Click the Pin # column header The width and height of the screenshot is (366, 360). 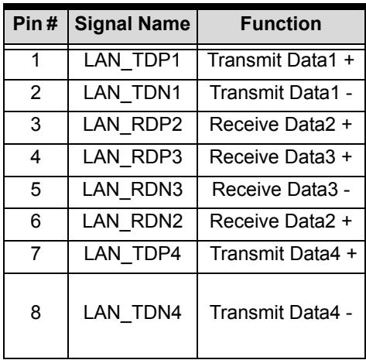35,24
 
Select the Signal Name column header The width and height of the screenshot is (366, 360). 132,24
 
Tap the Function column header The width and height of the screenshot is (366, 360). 281,24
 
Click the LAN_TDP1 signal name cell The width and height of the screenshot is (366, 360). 132,60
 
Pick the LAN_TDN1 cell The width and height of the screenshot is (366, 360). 132,93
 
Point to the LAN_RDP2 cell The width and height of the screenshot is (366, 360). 132,125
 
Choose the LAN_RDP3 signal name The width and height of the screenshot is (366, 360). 132,157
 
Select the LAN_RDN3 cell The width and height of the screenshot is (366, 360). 132,190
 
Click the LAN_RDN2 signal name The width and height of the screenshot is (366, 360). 132,221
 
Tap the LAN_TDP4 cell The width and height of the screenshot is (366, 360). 132,254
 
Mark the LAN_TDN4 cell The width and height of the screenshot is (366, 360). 132,313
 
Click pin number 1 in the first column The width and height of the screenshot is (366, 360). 36,60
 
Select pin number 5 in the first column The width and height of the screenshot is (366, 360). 36,190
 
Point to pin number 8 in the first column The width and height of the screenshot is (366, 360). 36,312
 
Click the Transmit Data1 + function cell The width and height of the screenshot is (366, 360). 281,60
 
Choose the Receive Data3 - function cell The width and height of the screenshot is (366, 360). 281,190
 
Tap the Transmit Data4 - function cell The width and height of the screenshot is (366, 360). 281,312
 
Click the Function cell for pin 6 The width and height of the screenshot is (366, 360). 281,221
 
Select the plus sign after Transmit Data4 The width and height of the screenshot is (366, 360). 352,254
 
